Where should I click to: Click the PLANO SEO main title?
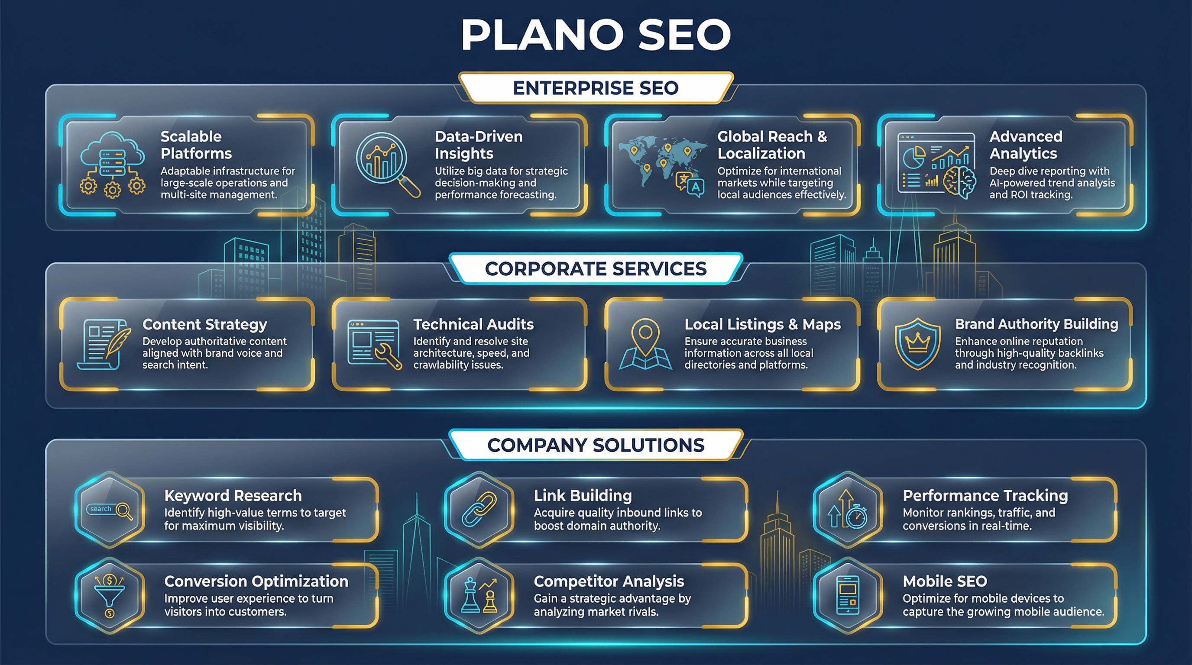pyautogui.click(x=596, y=35)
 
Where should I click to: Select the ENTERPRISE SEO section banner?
pyautogui.click(x=596, y=88)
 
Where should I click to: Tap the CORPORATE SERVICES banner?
pyautogui.click(x=596, y=269)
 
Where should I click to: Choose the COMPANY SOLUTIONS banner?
pyautogui.click(x=596, y=445)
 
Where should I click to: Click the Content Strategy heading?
pyautogui.click(x=204, y=324)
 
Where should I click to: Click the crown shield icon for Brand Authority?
pyautogui.click(x=917, y=344)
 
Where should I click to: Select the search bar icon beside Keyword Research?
pyautogui.click(x=110, y=510)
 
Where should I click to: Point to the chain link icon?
pyautogui.click(x=479, y=509)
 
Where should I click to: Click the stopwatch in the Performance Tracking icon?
pyautogui.click(x=858, y=517)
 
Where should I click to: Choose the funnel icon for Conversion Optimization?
pyautogui.click(x=109, y=595)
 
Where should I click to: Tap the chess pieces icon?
pyautogui.click(x=479, y=596)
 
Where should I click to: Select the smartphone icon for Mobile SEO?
pyautogui.click(x=848, y=595)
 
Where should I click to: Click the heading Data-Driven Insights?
pyautogui.click(x=479, y=145)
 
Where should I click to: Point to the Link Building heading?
pyautogui.click(x=583, y=495)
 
